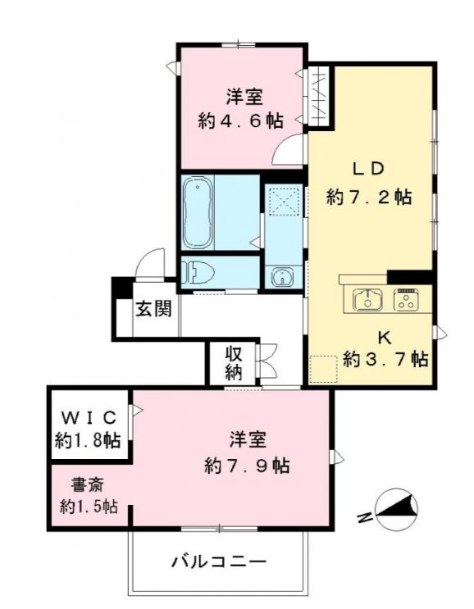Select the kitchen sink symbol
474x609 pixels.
[x=367, y=300]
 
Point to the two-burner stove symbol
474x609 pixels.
[x=408, y=300]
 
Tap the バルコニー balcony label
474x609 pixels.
[x=219, y=562]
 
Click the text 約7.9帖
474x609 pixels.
[x=246, y=465]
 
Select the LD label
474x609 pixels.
[x=368, y=169]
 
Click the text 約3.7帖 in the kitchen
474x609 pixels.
[x=385, y=358]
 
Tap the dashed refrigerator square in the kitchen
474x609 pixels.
[x=323, y=369]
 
